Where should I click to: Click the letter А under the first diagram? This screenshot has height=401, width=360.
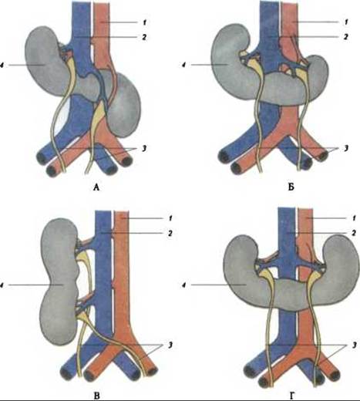click(96, 187)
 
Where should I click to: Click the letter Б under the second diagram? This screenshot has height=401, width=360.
click(291, 187)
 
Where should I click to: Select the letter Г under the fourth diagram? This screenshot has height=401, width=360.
click(291, 396)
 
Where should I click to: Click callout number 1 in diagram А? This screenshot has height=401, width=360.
click(144, 22)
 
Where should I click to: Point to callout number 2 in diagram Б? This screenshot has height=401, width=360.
click(346, 37)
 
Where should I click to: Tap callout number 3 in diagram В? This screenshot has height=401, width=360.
click(170, 345)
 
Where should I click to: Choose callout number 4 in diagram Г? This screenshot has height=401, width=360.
click(183, 285)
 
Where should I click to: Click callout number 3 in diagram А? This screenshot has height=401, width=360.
click(144, 148)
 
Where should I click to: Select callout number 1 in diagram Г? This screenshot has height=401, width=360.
click(354, 218)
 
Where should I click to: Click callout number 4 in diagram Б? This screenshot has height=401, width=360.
click(183, 65)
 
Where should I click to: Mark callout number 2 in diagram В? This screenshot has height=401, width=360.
click(170, 233)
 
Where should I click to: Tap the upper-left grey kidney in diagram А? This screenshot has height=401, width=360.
click(45, 62)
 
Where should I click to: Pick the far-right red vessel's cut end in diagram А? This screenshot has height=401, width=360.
click(126, 161)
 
